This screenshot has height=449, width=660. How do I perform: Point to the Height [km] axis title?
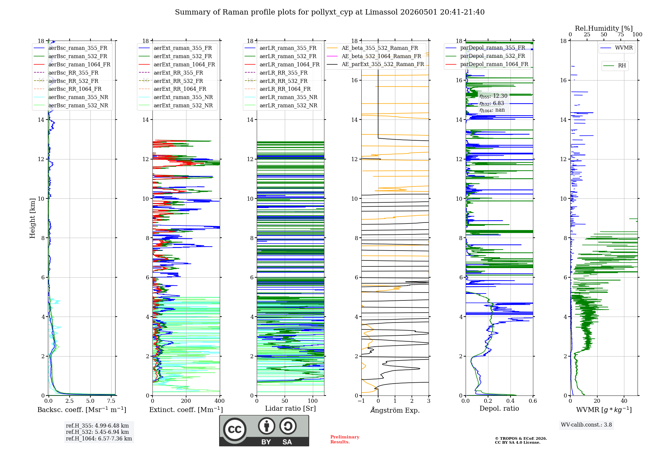32,218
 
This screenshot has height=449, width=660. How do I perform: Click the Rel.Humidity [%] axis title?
604,28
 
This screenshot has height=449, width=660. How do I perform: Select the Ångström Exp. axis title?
395,410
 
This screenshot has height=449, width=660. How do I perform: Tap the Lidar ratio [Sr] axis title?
290,408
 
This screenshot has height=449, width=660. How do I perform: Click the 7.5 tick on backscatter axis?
111,401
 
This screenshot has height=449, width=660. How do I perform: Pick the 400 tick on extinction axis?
219,401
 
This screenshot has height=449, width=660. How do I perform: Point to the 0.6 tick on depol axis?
533,401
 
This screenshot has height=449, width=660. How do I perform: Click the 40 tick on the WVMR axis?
624,401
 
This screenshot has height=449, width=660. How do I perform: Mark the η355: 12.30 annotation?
493,96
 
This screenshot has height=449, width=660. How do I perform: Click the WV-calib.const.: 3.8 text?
586,425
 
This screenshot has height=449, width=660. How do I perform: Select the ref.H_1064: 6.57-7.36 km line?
99,439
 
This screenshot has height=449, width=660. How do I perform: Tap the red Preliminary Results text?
345,439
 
